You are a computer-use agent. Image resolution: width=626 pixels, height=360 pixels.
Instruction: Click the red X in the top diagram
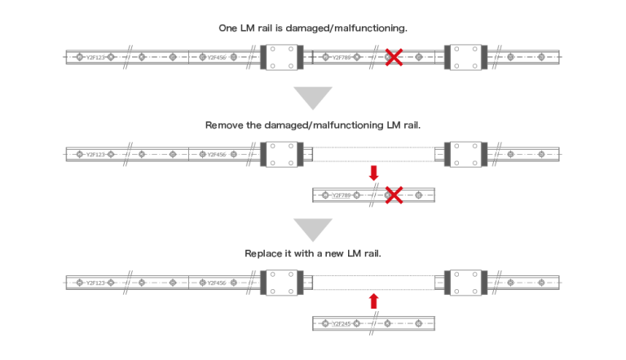[394, 57]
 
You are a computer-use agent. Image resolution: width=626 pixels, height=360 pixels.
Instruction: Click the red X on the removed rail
[394, 195]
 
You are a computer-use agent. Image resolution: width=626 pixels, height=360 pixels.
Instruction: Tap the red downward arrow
[374, 173]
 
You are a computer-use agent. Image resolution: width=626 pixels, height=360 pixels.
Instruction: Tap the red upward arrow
[374, 301]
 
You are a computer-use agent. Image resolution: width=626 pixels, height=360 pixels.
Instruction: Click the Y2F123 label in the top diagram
[95, 58]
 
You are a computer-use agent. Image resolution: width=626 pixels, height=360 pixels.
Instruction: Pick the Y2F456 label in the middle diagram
[216, 154]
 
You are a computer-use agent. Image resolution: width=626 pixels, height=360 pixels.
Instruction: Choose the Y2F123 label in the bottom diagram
[95, 283]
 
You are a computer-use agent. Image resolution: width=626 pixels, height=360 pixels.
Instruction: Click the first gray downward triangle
[312, 97]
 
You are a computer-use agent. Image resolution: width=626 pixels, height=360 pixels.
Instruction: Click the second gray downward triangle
[312, 227]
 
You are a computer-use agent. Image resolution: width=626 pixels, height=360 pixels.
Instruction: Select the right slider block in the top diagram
[465, 57]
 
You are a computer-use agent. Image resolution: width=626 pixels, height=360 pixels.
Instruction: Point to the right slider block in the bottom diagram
[465, 282]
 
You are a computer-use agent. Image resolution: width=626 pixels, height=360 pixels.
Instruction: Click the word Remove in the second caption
[224, 125]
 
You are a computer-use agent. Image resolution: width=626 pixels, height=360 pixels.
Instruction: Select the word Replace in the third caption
[264, 253]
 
